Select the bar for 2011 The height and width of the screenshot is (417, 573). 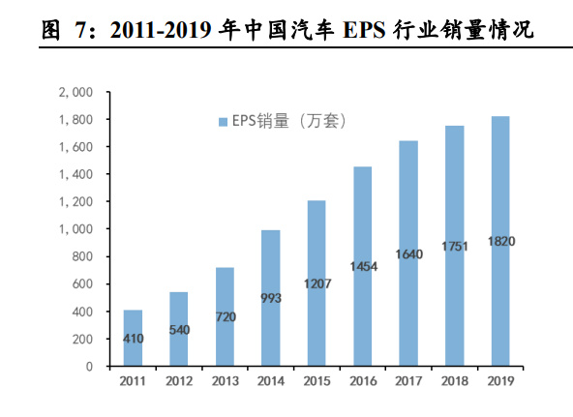tap(133, 339)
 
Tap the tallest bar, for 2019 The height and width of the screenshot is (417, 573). tap(500, 242)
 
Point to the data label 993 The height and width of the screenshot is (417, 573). tap(271, 298)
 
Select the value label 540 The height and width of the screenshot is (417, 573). tap(178, 330)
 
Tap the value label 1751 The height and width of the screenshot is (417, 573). tap(455, 247)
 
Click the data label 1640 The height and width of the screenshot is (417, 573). tap(408, 254)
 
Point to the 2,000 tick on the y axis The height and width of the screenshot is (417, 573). tap(75, 93)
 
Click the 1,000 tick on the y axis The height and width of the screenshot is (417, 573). tap(75, 230)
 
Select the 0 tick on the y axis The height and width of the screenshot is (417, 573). tap(88, 368)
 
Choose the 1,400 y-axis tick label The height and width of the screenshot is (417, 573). tap(75, 175)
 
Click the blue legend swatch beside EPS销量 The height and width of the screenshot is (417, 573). tap(222, 122)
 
